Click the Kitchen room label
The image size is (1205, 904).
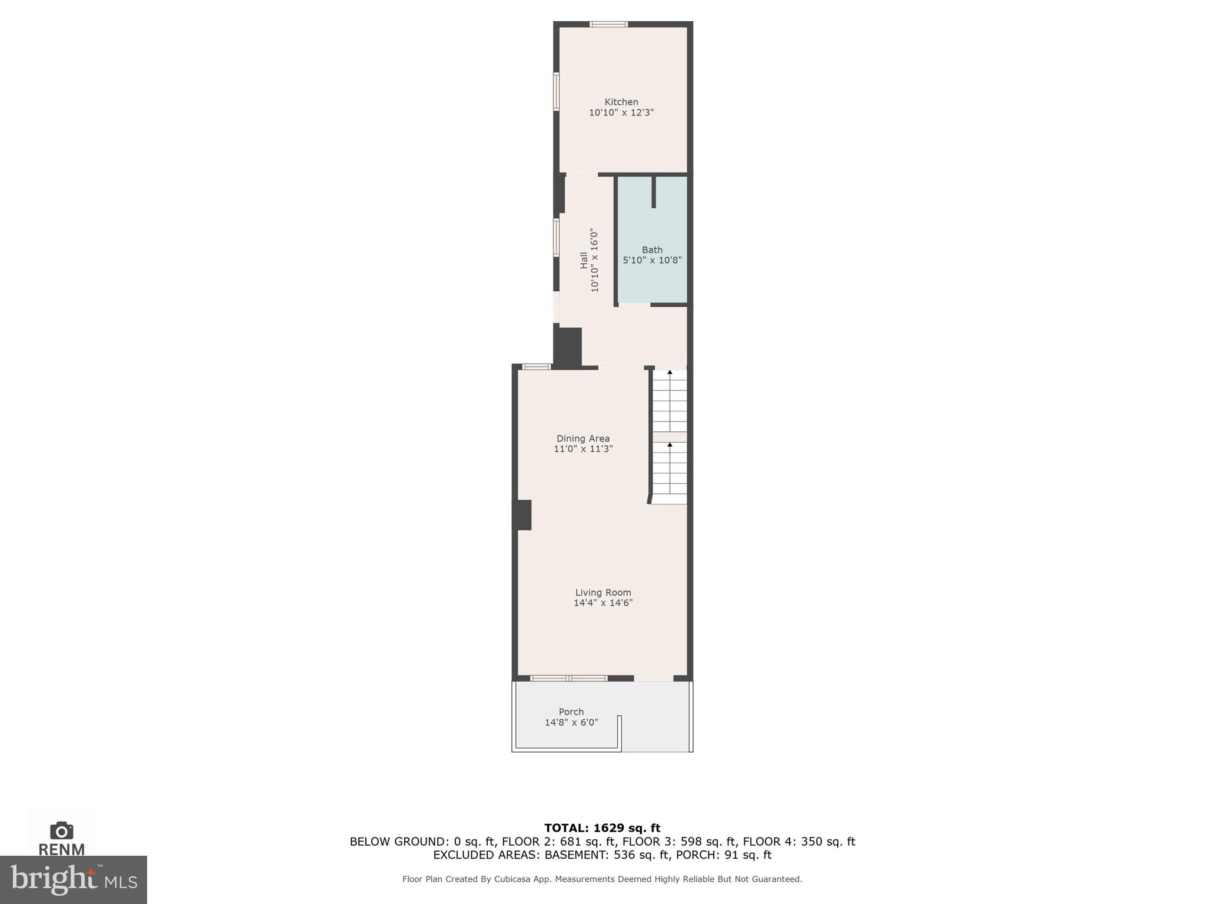point(621,102)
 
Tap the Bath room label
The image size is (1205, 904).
point(652,250)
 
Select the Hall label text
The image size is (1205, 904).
point(584,260)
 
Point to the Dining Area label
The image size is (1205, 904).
point(583,438)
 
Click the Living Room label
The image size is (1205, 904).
point(603,593)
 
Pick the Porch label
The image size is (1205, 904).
point(571,712)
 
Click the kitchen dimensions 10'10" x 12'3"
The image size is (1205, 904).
point(621,112)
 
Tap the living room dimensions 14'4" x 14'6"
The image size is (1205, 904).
point(603,603)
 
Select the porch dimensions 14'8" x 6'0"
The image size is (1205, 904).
point(571,722)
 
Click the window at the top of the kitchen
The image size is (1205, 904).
point(609,24)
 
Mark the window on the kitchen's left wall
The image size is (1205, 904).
point(556,91)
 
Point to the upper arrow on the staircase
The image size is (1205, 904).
point(670,373)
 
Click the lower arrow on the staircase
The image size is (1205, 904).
point(670,444)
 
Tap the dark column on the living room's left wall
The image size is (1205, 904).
point(523,515)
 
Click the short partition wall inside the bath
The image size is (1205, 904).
point(654,192)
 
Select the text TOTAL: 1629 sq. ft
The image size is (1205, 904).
point(602,828)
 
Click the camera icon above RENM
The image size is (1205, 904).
point(61,830)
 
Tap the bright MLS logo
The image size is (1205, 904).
point(74,880)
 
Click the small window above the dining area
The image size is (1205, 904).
point(537,367)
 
